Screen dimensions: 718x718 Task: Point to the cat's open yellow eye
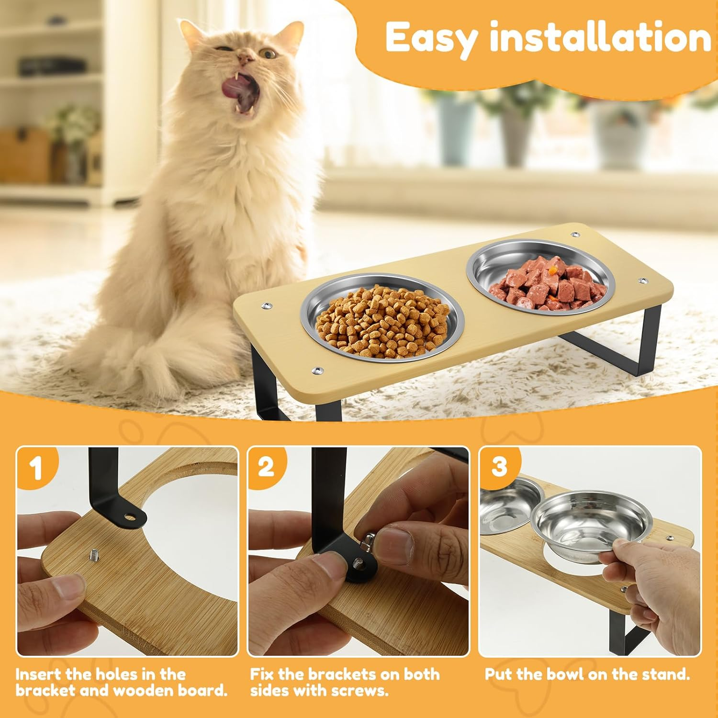click(269, 54)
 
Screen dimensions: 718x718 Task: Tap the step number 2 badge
click(266, 467)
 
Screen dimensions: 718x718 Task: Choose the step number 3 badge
click(499, 465)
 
